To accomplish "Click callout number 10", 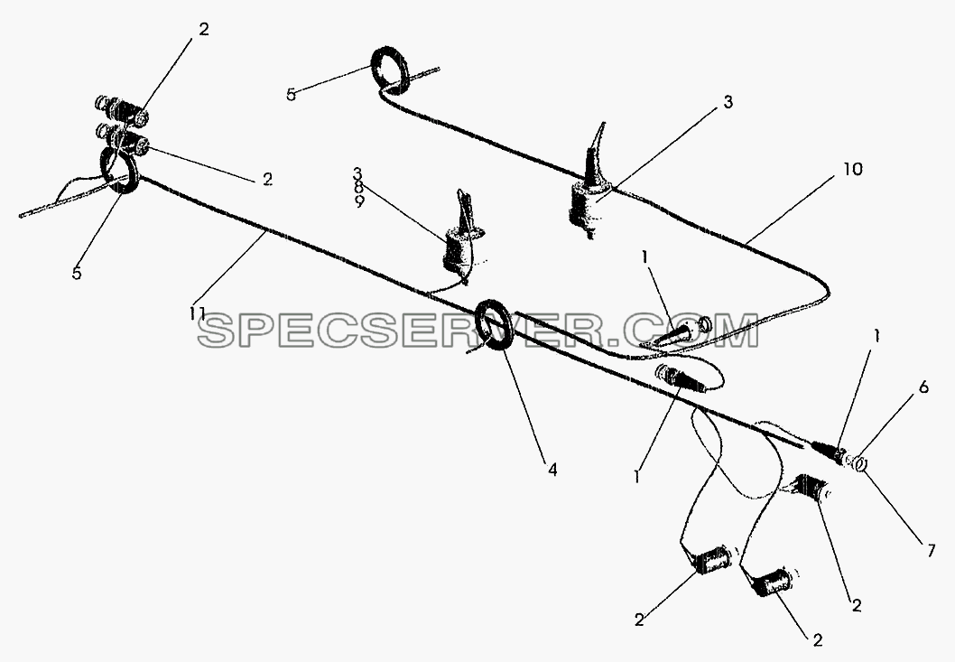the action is pyautogui.click(x=853, y=169).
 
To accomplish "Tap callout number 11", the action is pyautogui.click(x=197, y=314).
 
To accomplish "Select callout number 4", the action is pyautogui.click(x=552, y=470).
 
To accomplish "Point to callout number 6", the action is pyautogui.click(x=923, y=387).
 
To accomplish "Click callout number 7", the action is pyautogui.click(x=931, y=551).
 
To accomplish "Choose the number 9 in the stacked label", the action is pyautogui.click(x=359, y=200).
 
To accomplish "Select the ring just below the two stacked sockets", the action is pyautogui.click(x=119, y=172).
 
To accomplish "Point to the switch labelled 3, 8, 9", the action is pyautogui.click(x=459, y=243).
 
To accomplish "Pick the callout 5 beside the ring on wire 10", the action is pyautogui.click(x=292, y=95).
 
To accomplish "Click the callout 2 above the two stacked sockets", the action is pyautogui.click(x=204, y=29).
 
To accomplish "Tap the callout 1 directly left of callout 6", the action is pyautogui.click(x=876, y=336).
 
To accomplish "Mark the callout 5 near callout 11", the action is pyautogui.click(x=76, y=274).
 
